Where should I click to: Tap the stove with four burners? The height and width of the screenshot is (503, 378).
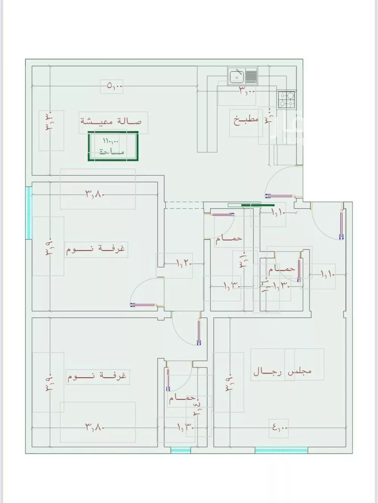coord(286,99)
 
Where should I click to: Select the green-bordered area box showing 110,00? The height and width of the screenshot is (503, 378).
coord(113,146)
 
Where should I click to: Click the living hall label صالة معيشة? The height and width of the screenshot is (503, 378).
coord(111,122)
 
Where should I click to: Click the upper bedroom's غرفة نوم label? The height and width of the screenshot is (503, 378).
coord(96,250)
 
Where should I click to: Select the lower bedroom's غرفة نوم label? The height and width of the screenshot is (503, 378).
coord(97,376)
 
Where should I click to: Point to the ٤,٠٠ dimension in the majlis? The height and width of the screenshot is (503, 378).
coord(280,428)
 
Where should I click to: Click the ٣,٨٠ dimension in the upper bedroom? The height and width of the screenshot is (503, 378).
coord(94,194)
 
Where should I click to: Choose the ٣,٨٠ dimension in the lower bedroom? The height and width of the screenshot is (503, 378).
coord(94,428)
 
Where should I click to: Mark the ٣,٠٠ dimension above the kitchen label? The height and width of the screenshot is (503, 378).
coord(247,90)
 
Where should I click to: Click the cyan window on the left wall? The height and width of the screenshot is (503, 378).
coord(29,213)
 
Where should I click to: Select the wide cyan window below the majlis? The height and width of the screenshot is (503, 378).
coord(281,450)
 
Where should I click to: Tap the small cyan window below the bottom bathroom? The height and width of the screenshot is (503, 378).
coord(181,450)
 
